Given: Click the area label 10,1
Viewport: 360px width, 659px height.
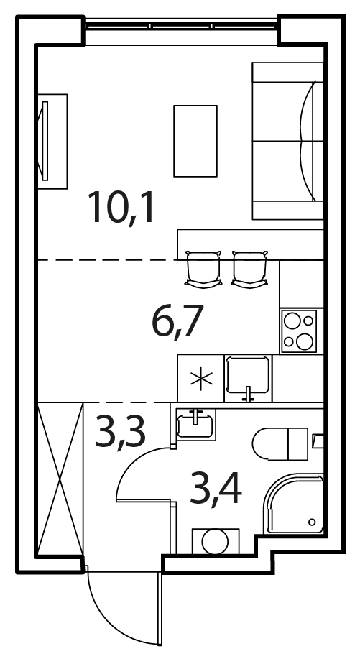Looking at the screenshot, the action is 121,207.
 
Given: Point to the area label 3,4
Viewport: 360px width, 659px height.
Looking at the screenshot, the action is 216,487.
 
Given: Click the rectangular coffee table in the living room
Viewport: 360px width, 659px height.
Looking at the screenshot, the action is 195,141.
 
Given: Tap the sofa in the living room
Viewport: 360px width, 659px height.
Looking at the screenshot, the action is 287,141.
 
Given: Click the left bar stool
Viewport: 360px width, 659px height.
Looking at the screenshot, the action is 203,269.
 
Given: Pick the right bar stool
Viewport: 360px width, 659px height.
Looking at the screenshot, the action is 250,269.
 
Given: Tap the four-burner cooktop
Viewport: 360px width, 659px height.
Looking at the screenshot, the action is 299,331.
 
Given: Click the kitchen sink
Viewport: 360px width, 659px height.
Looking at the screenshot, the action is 248,378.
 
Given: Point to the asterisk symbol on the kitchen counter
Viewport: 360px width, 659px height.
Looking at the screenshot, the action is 200,378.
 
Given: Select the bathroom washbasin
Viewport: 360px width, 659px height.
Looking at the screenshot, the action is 195,425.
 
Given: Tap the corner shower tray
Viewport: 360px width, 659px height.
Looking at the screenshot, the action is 294,504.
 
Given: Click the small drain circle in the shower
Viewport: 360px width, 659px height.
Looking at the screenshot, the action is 312,522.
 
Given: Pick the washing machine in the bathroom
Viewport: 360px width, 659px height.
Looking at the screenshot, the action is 216,541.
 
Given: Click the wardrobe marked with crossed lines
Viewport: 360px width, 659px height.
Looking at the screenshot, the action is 60,479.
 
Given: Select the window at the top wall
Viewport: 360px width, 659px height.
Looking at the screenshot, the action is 181,24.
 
